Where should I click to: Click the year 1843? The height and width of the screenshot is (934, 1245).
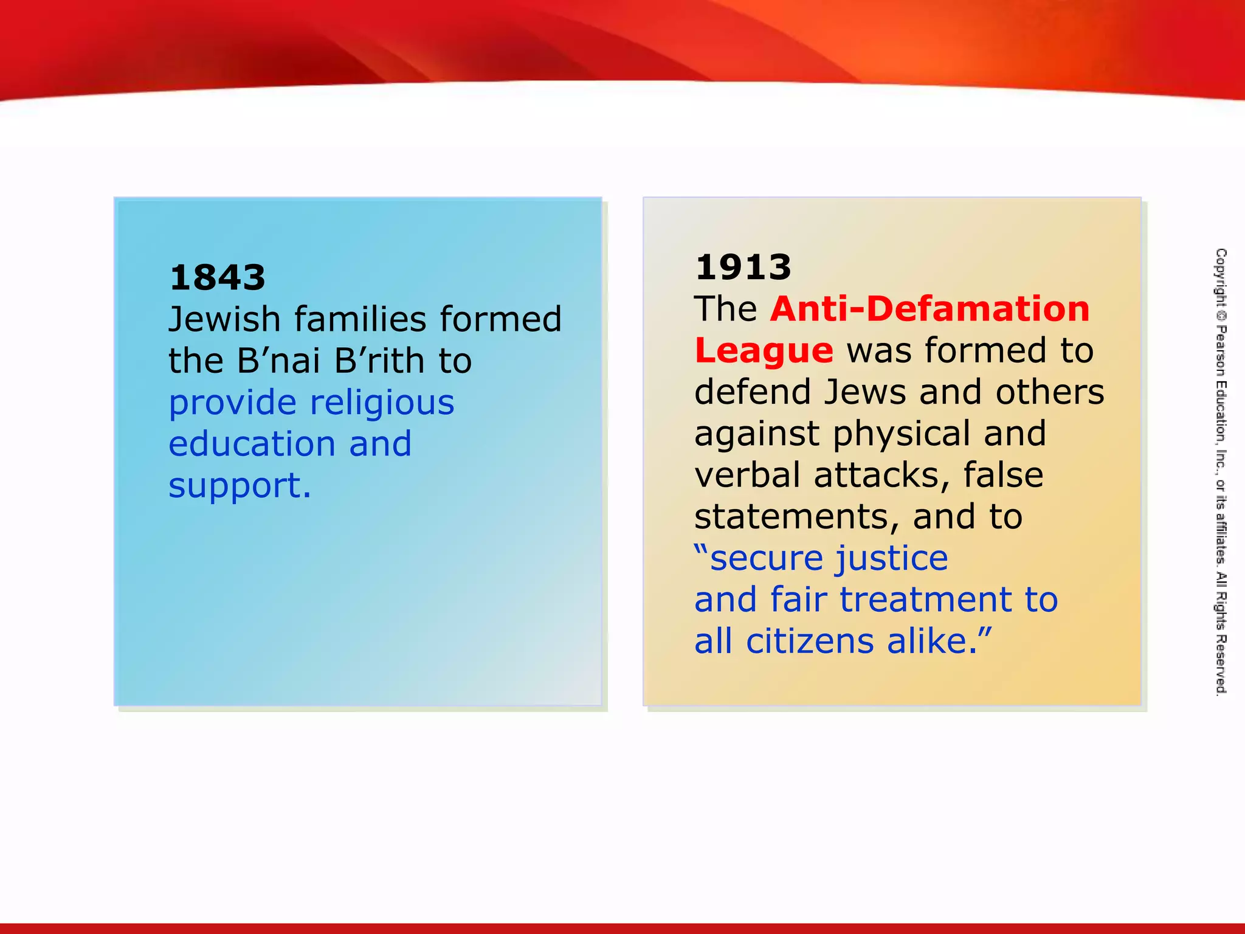(217, 278)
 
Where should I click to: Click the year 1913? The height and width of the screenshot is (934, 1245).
(743, 268)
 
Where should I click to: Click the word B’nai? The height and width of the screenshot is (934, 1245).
(278, 361)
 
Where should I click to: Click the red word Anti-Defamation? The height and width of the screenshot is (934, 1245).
(929, 309)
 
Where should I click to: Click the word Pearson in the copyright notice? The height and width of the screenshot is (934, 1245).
(1221, 351)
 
